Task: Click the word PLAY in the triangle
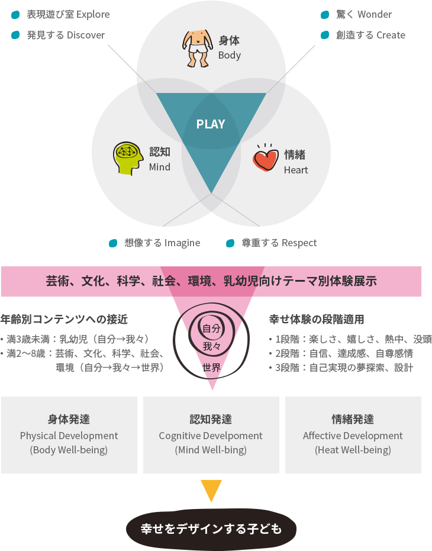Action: click(211, 124)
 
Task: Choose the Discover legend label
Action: click(66, 35)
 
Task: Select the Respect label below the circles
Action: click(279, 243)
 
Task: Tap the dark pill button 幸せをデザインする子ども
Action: click(211, 529)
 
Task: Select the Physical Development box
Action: click(69, 435)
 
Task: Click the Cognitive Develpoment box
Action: click(211, 435)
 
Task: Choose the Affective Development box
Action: click(353, 435)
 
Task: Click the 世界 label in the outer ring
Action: click(211, 368)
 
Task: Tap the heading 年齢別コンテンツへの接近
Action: click(65, 319)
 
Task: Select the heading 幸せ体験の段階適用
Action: click(317, 319)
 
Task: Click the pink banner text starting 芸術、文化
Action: click(211, 281)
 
